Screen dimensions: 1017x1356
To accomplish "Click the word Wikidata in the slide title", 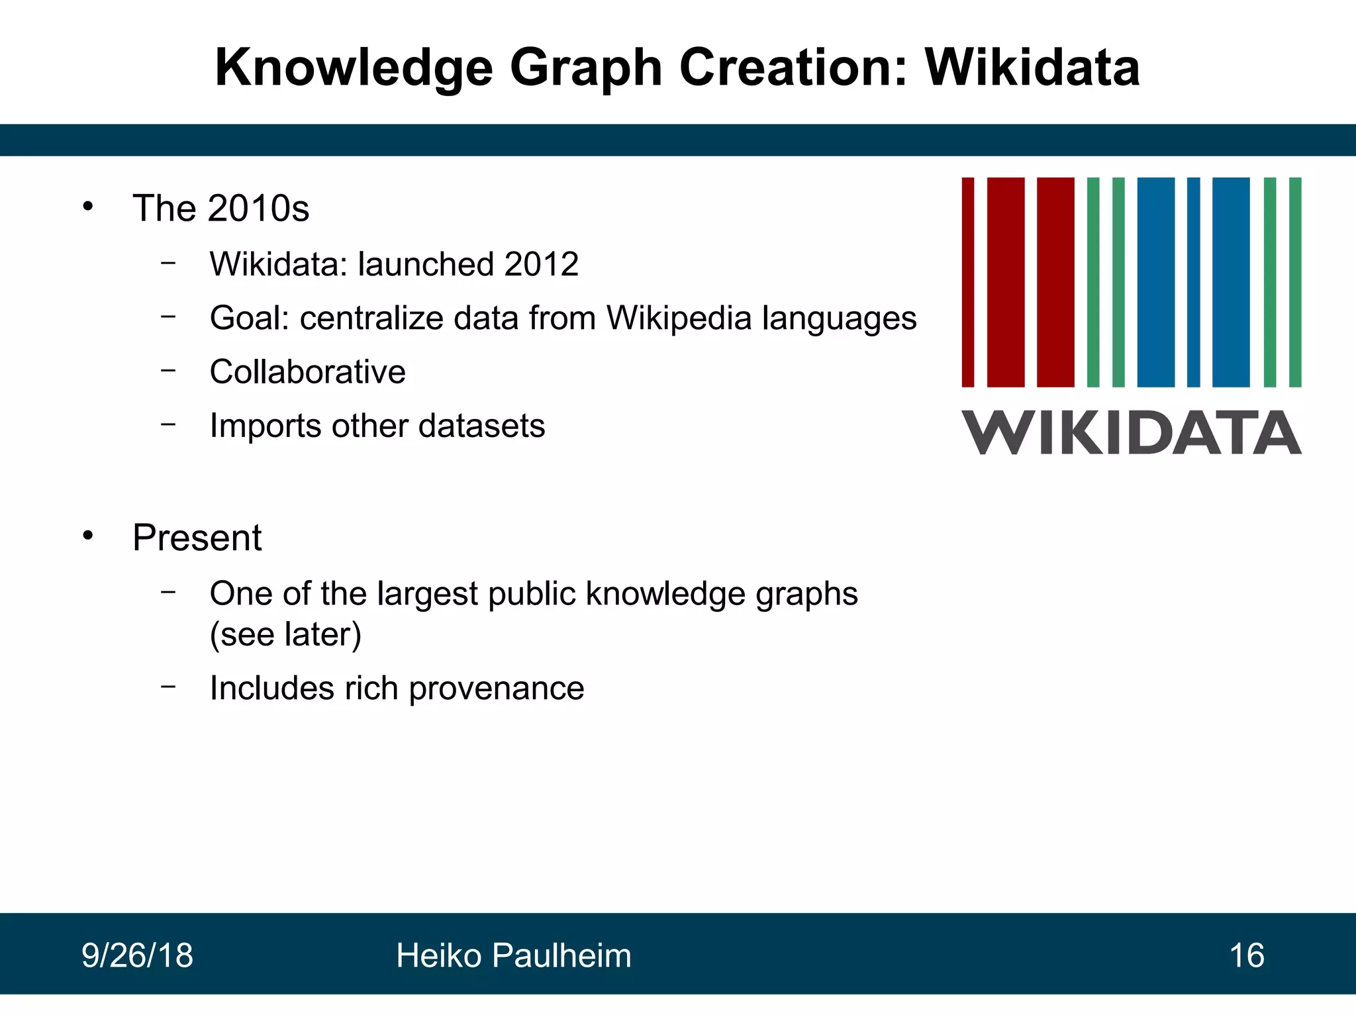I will pyautogui.click(x=1032, y=68).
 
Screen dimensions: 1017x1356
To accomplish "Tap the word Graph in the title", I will pyautogui.click(x=586, y=69).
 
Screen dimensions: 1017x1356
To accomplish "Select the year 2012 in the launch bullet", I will pyautogui.click(x=541, y=264).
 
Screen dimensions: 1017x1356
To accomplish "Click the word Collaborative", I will pyautogui.click(x=307, y=371).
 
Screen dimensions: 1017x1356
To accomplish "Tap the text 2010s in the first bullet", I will pyautogui.click(x=258, y=209).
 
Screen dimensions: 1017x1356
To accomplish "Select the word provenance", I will pyautogui.click(x=497, y=689).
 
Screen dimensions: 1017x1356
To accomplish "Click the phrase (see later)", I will pyautogui.click(x=285, y=634).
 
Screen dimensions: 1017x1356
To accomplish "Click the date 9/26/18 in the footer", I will pyautogui.click(x=137, y=955).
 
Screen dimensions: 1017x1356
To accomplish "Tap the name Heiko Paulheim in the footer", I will pyautogui.click(x=513, y=955).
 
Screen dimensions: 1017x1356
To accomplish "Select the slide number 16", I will pyautogui.click(x=1246, y=955).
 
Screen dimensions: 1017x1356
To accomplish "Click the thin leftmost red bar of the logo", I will pyautogui.click(x=967, y=282).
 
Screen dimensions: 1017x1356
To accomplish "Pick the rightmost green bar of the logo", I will pyautogui.click(x=1295, y=282).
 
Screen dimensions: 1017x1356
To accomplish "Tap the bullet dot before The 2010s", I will pyautogui.click(x=88, y=207).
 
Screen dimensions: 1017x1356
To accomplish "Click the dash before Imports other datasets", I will pyautogui.click(x=168, y=424).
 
